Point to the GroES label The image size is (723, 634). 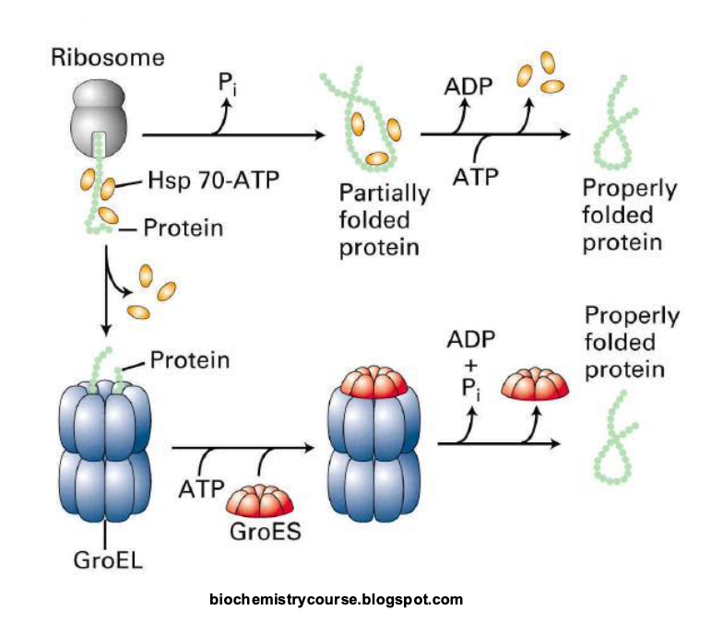pos(261,530)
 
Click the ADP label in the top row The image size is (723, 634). pos(468,88)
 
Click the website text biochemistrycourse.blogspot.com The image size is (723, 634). pos(337,600)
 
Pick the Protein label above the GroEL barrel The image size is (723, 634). pos(189,359)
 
